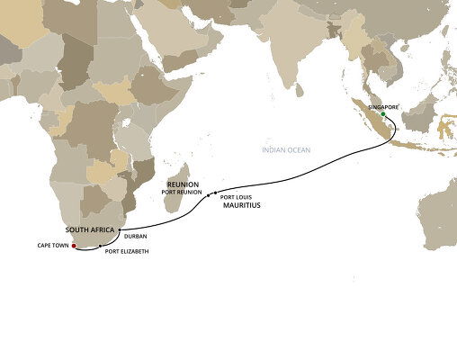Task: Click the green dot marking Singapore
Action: (382, 114)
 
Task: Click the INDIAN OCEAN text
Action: (286, 149)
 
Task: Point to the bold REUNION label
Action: (184, 184)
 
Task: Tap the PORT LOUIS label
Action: (236, 196)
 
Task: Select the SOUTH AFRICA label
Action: (91, 230)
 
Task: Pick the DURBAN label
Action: (124, 236)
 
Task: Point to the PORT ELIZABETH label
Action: (127, 251)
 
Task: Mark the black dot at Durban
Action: (119, 229)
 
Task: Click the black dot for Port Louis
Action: (216, 193)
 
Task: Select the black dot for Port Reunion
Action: (208, 195)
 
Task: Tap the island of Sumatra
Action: (371, 121)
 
